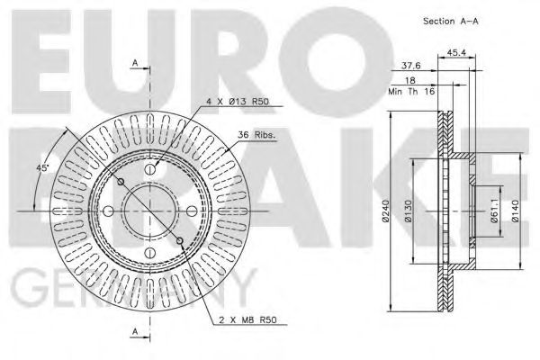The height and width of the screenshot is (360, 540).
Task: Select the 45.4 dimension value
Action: [455, 52]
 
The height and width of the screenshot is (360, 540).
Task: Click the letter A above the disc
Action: [134, 63]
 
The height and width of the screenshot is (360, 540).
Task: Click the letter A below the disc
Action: [134, 330]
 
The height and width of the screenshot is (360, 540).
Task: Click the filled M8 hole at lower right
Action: [182, 239]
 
